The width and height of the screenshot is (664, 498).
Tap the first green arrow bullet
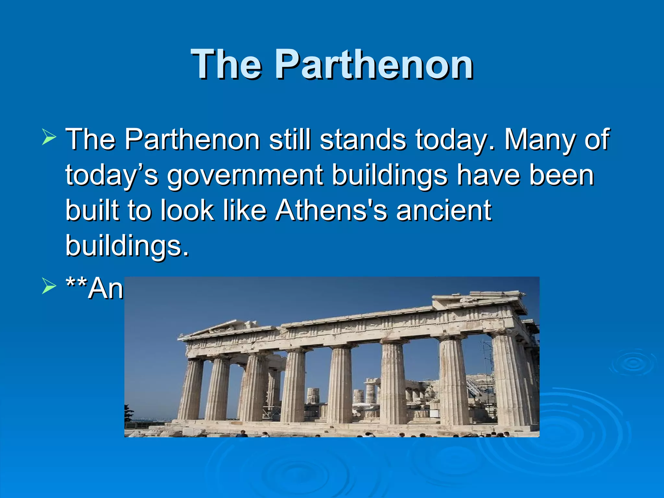point(49,137)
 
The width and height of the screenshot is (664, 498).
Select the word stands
point(363,139)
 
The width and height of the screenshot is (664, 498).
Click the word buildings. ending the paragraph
point(127,246)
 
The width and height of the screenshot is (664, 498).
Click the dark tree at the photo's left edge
point(129,413)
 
